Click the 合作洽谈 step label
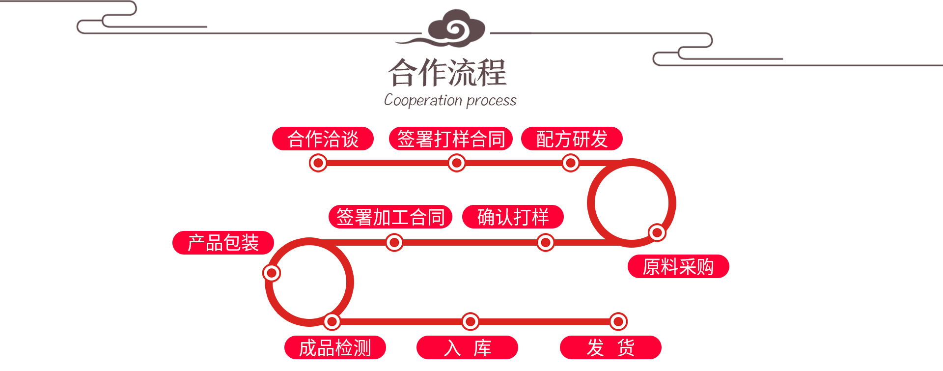pos(323,139)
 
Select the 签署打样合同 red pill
pos(450,139)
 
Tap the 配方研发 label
pos(572,139)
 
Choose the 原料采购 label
pos(678,267)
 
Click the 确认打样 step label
pos(513,217)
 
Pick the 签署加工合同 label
pos(390,217)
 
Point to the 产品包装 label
pos(223,243)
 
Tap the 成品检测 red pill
pos(335,348)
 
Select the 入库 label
pos(467,348)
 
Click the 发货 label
pos(610,348)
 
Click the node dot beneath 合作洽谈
pos(318,163)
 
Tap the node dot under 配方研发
pos(571,163)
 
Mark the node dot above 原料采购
pos(657,232)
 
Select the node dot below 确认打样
pos(545,242)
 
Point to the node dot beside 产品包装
pos(272,273)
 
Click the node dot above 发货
pos(618,322)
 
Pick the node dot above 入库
pos(471,322)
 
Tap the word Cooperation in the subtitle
pos(423,100)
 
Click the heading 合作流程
pos(447,73)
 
